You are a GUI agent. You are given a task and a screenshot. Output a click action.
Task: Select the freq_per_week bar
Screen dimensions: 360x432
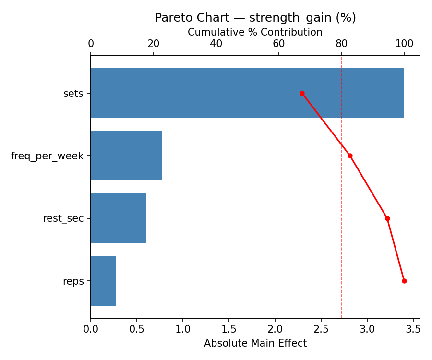click(126, 156)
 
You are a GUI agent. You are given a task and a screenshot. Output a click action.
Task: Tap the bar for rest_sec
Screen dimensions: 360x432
click(119, 218)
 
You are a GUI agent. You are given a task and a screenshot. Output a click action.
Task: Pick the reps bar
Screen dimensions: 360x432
click(103, 281)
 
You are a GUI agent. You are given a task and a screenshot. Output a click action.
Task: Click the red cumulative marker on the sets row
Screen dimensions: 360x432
click(302, 93)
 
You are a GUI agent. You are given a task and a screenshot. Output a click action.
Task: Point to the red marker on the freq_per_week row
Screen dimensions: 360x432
click(350, 156)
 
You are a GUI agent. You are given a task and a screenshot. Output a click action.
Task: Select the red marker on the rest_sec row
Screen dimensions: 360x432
click(387, 218)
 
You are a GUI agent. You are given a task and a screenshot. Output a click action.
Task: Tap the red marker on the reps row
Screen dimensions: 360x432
click(404, 281)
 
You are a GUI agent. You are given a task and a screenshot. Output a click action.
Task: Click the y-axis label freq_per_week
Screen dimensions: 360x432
click(47, 156)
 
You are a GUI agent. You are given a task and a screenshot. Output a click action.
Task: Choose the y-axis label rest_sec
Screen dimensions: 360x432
click(63, 219)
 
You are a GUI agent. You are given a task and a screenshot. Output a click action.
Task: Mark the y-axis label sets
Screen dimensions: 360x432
click(73, 94)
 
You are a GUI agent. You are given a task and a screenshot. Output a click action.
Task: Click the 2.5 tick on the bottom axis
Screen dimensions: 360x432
click(321, 330)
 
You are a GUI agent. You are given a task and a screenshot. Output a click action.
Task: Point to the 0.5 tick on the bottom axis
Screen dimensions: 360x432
click(137, 330)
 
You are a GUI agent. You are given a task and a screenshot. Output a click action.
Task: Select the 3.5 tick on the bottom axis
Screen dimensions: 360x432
click(413, 330)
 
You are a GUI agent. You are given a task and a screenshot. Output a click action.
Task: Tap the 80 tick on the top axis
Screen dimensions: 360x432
click(342, 44)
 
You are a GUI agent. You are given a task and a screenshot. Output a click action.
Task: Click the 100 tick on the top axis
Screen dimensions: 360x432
click(404, 44)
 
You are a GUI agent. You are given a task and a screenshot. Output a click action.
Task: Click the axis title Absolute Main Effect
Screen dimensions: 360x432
click(255, 343)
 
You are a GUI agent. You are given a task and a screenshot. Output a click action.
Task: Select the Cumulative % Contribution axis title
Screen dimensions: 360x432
click(255, 32)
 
